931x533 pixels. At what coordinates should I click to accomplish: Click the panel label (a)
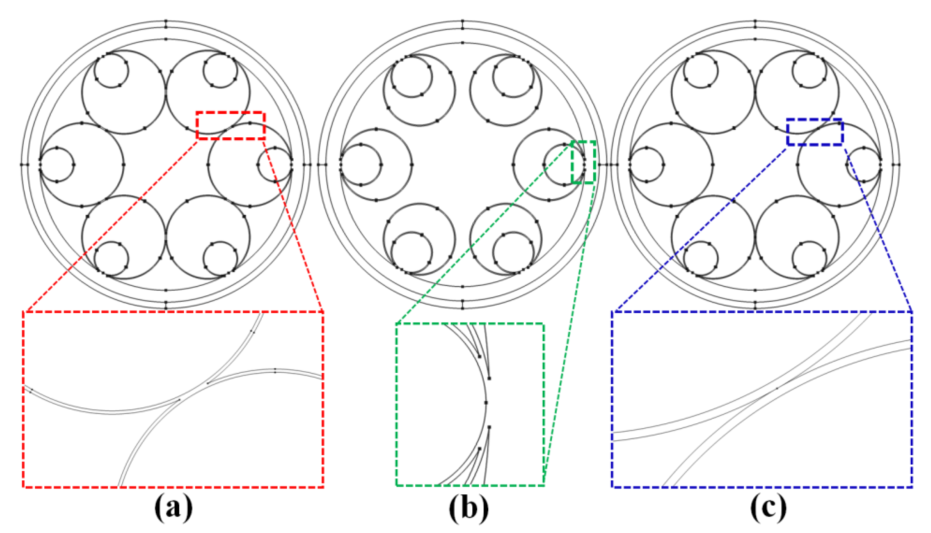173,510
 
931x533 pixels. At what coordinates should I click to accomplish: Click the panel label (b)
469,510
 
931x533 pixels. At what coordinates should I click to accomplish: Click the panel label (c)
768,510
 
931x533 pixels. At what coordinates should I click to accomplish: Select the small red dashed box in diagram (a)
231,125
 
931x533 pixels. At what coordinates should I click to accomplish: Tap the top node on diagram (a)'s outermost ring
166,21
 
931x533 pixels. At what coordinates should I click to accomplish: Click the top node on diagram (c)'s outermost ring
755,21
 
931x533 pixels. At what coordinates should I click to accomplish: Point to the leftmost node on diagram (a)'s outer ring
21,165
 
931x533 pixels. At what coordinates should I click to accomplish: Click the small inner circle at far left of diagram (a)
57,165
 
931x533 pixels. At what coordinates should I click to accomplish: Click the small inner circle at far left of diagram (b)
361,165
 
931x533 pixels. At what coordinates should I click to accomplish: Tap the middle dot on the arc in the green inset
486,402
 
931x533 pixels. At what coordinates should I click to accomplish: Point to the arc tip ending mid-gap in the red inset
208,383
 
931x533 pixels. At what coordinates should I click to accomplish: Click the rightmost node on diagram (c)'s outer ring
899,165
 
